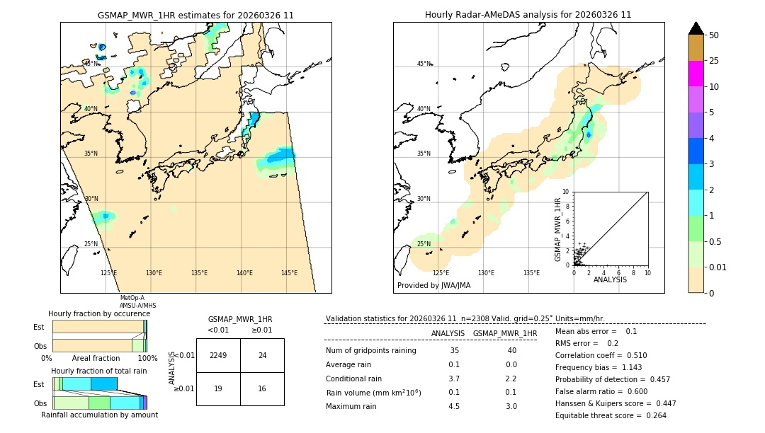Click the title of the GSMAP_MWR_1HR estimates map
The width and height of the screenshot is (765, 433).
point(195,15)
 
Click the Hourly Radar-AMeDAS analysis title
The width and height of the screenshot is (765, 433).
point(528,15)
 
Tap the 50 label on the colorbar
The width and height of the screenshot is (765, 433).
point(714,35)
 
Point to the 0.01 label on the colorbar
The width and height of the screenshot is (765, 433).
point(719,267)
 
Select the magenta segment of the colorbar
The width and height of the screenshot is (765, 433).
point(696,74)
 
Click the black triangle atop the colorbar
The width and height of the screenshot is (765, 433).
point(696,28)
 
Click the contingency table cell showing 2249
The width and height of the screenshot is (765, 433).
point(218,355)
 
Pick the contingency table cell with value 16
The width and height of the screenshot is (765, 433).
point(262,388)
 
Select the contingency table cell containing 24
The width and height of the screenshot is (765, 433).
point(262,355)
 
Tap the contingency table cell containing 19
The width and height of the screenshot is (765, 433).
point(218,388)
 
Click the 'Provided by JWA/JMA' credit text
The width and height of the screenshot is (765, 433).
point(433,286)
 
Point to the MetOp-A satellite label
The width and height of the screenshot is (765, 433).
point(132,298)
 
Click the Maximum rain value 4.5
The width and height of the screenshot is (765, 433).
point(453,406)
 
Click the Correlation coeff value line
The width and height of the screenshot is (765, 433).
point(601,355)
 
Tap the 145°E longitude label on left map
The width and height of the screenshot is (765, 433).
point(289,273)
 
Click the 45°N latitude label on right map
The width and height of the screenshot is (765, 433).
point(424,64)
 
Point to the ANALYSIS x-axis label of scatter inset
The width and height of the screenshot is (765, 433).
point(610,279)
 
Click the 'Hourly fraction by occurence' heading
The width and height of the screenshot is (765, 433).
point(99,313)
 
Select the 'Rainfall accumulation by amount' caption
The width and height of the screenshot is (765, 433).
point(99,415)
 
